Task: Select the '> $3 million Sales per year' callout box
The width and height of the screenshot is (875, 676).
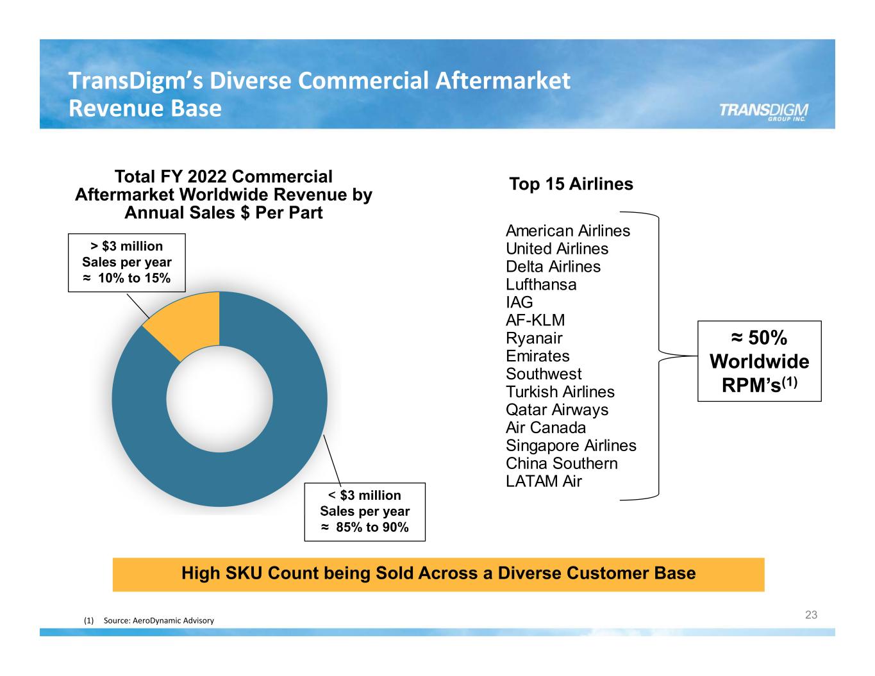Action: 126,262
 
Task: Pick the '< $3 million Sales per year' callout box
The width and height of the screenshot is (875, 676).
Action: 364,511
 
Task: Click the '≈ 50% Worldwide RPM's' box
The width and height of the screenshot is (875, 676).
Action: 759,361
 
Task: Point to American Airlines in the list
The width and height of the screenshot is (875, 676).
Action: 567,231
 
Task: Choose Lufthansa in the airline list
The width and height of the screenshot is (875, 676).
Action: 540,284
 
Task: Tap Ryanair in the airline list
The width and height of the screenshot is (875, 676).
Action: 533,338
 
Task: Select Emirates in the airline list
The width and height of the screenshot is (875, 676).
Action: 537,356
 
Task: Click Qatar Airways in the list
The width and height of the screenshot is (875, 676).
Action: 556,410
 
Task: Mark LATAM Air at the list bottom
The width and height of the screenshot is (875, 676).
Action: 543,482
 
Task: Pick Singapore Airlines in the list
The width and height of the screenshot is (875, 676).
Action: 571,446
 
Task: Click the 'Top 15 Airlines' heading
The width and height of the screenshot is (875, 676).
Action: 571,185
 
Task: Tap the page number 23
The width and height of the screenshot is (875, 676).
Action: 811,615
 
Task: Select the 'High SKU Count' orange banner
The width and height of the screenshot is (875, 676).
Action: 438,573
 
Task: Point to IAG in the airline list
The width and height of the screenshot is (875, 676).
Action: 519,302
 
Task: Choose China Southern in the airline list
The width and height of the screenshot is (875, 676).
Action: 562,464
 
